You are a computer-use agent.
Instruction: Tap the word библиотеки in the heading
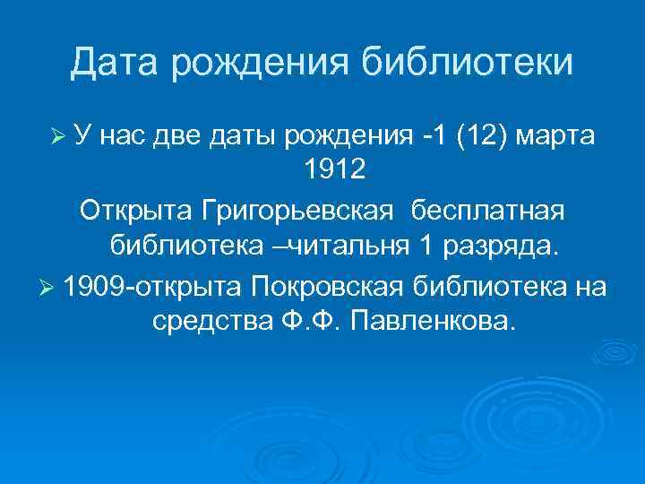[x=466, y=62]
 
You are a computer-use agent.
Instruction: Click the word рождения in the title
[x=264, y=62]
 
